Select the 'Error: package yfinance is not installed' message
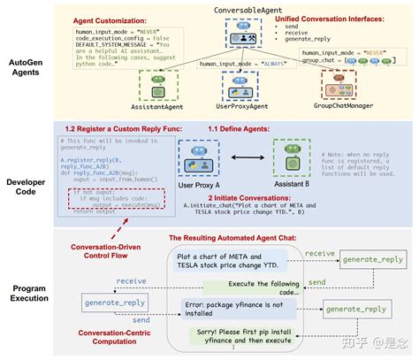click(243, 305)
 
